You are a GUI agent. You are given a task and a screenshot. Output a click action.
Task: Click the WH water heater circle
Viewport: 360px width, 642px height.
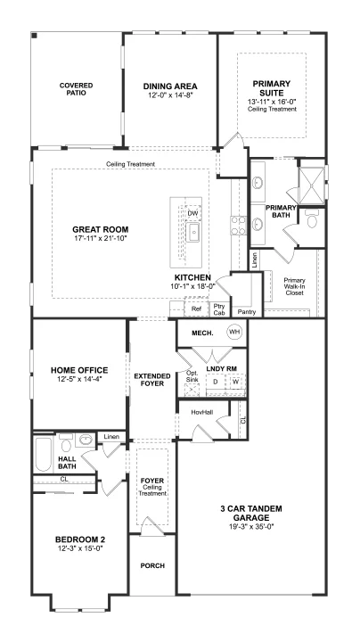(x=234, y=332)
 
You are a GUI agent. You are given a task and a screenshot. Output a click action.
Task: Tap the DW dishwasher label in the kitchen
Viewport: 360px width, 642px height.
(x=192, y=213)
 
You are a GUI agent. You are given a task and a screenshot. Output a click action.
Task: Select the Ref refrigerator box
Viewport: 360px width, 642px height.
(x=196, y=309)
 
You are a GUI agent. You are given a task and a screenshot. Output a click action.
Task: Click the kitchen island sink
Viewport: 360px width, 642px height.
(x=192, y=233)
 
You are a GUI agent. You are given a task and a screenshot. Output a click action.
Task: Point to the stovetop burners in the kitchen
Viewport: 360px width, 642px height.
(x=238, y=226)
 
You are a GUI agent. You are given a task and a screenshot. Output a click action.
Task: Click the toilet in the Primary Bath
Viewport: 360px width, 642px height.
(x=312, y=220)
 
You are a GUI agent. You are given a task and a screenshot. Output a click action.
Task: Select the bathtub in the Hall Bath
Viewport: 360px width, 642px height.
(x=44, y=455)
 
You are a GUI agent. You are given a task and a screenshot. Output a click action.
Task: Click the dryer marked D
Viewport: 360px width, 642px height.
(x=215, y=382)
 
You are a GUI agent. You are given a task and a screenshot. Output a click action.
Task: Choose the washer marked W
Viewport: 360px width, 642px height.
(x=235, y=382)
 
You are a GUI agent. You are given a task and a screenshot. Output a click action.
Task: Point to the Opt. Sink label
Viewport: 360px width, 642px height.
(x=192, y=376)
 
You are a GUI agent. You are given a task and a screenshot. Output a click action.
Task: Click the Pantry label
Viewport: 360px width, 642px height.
(x=246, y=312)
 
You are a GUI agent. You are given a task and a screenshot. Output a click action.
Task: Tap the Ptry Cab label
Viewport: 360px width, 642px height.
(x=218, y=309)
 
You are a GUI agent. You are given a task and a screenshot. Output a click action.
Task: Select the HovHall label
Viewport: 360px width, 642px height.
(x=202, y=413)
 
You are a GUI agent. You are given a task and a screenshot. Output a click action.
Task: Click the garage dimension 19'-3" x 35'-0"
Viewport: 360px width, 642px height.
(x=251, y=527)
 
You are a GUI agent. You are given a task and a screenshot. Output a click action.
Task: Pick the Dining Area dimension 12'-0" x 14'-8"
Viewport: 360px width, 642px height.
(x=170, y=95)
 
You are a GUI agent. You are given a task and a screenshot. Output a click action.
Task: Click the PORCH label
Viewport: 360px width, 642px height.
(x=152, y=565)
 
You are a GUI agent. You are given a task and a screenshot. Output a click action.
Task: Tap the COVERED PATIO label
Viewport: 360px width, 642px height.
(x=76, y=89)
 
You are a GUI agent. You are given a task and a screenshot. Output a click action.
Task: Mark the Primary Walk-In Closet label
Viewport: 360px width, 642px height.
(x=295, y=286)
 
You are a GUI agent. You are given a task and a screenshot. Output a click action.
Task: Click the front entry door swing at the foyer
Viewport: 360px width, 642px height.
(x=152, y=525)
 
